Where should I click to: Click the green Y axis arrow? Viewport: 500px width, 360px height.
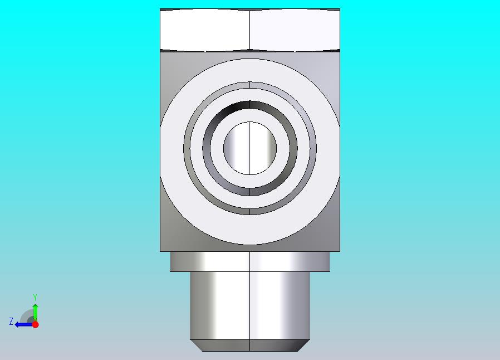tap(36, 312)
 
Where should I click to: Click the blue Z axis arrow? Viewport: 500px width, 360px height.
tap(24, 325)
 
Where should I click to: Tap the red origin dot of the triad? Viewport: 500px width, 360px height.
tap(36, 324)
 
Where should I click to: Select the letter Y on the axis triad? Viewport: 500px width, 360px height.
tap(35, 298)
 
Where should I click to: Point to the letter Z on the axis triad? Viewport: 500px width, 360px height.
tap(11, 321)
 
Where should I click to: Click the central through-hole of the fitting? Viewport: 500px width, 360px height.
tap(249, 148)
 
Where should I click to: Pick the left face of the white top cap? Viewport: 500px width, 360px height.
tap(205, 30)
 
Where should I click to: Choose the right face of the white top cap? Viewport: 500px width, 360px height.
tap(295, 30)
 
